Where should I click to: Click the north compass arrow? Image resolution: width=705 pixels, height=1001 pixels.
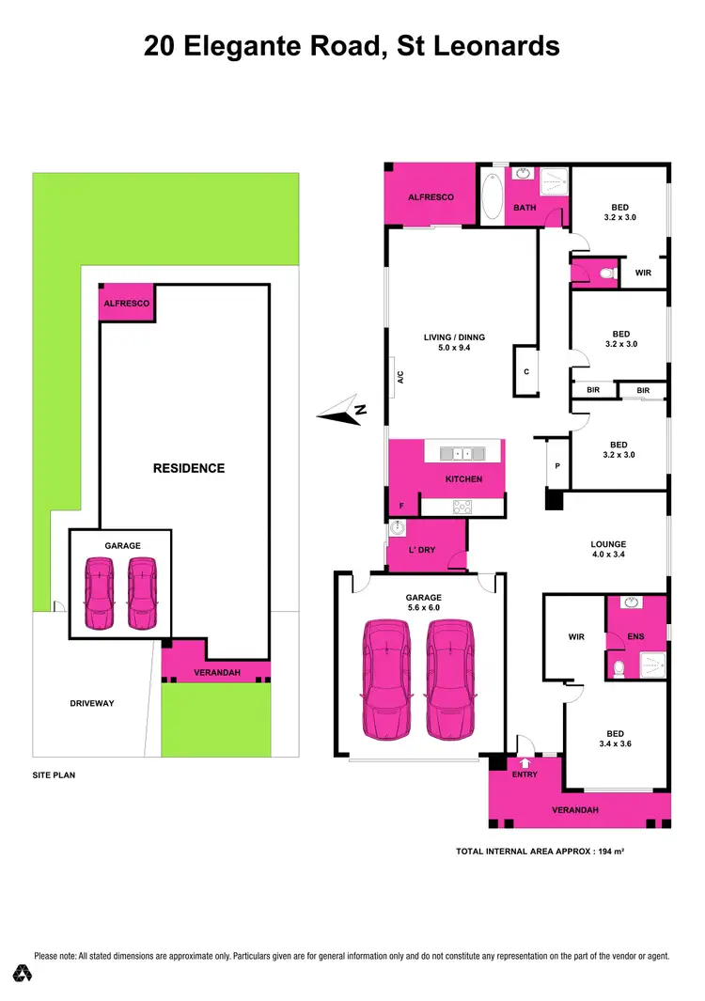pos(340,410)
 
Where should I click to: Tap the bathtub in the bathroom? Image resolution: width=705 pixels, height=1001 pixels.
pos(492,195)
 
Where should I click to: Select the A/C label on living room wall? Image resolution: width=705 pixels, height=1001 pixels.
pos(399,377)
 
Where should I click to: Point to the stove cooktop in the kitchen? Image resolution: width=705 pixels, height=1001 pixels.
pos(462,507)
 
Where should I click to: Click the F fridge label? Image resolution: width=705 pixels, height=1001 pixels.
pos(401,507)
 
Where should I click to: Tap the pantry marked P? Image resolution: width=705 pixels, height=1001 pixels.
pos(556,465)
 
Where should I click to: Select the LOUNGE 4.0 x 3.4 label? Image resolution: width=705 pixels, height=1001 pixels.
pos(608,550)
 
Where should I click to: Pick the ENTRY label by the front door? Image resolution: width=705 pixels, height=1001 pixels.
pos(525,774)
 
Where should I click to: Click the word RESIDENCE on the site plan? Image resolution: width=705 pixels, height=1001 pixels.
pos(189,467)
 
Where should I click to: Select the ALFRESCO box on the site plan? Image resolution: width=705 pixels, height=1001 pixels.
pos(124,304)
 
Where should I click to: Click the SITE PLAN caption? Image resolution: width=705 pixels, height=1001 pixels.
pos(54,775)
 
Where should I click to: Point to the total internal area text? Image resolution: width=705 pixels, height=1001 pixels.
pos(540,851)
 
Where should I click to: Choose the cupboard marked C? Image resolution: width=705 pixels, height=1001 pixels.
pos(525,370)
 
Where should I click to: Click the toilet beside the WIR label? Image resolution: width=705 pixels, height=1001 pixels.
pos(606,273)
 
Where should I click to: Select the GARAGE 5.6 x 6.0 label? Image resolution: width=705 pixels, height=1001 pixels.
pos(423,602)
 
